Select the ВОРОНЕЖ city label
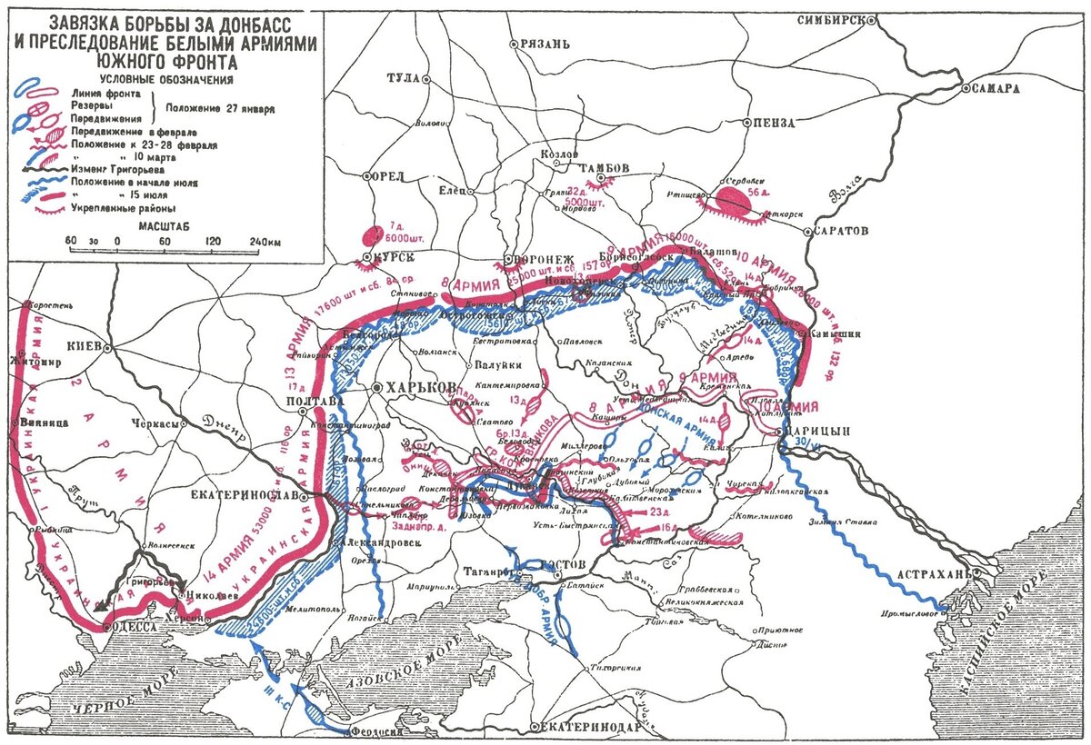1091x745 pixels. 542,258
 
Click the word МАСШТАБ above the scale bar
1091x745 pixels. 165,223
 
